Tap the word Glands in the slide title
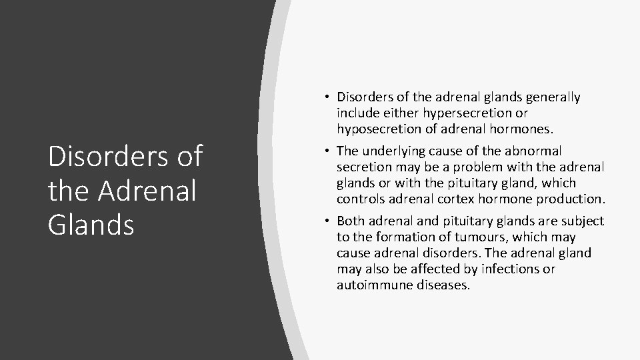91,224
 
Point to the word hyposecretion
378,129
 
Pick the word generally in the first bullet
553,97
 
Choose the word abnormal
534,151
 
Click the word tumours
457,237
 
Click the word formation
402,237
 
